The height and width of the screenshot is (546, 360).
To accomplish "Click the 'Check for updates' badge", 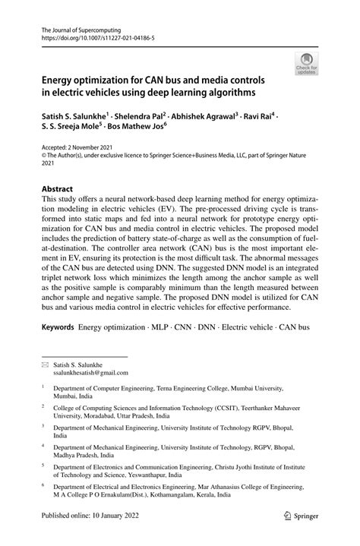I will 308,64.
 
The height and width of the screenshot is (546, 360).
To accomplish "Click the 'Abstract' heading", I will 57,188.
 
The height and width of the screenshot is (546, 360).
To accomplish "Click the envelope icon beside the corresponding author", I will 43,365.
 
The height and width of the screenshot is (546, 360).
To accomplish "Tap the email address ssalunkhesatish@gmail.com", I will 90,373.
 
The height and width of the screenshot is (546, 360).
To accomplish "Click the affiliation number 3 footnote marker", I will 43,427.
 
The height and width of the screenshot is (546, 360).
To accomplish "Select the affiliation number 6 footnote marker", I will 43,484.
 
